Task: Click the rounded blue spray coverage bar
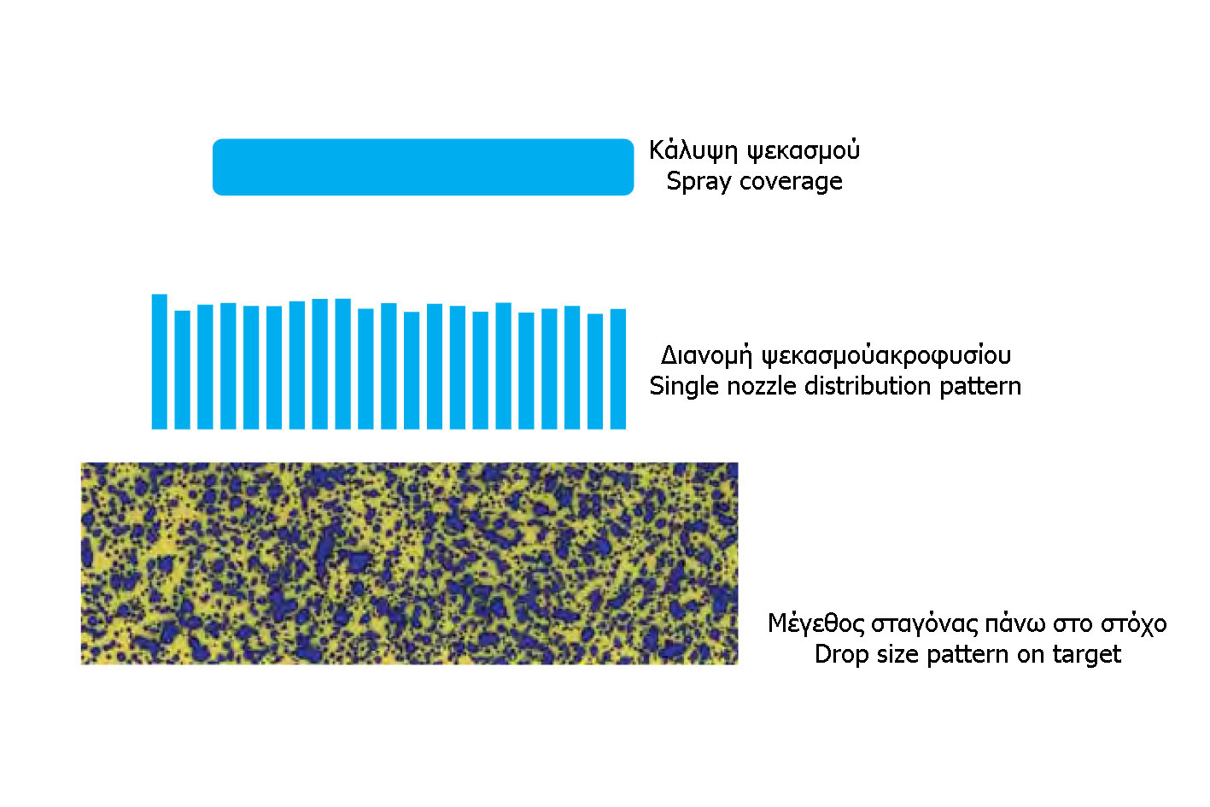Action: [x=423, y=167]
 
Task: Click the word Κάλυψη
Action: [x=693, y=150]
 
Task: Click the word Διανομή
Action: [x=706, y=356]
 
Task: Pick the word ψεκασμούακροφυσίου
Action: [x=886, y=356]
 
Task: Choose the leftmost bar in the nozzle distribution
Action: [x=160, y=362]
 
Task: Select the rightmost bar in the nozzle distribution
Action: [x=618, y=369]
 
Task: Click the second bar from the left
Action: [x=183, y=370]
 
